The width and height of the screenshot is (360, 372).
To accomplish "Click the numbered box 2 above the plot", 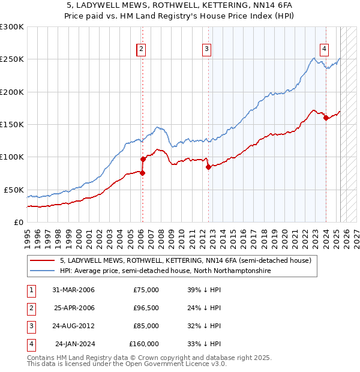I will (141, 49).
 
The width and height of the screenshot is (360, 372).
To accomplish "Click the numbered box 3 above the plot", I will (206, 49).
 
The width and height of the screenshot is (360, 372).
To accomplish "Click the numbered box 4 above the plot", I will (324, 49).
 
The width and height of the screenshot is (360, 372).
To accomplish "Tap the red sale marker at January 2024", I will (326, 118).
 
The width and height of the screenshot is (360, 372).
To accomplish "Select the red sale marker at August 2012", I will (208, 167).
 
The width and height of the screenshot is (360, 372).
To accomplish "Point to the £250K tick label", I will (12, 59).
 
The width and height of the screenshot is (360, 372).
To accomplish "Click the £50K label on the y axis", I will (14, 190).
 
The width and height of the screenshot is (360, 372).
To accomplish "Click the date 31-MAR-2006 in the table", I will (73, 290).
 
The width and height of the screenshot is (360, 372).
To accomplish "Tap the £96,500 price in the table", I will (146, 308).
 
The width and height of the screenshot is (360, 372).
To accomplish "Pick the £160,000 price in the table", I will (144, 344).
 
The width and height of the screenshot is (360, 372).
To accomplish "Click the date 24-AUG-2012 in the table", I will (73, 326).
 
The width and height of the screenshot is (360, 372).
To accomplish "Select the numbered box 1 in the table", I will (31, 290).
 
